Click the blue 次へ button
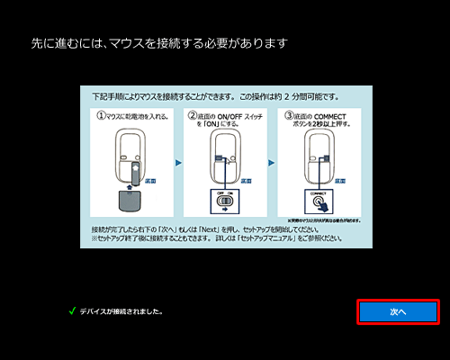point(398,311)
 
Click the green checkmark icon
point(71,311)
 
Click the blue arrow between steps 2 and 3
point(272,165)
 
